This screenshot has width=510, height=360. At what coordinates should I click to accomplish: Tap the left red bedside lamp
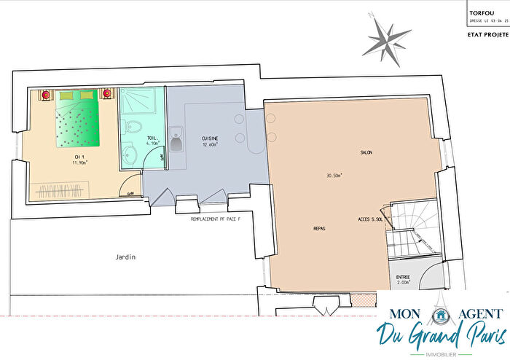[46, 95]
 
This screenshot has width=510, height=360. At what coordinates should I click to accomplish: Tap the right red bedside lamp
[109, 94]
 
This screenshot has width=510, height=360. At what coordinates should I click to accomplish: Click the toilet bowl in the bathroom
[133, 126]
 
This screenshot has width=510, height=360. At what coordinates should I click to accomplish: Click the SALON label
[366, 153]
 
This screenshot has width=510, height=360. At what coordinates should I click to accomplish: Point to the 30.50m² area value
[335, 176]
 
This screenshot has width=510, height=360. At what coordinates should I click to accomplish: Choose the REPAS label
[318, 228]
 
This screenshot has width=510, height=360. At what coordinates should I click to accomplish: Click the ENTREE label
[403, 277]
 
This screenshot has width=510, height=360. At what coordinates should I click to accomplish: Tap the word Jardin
[125, 257]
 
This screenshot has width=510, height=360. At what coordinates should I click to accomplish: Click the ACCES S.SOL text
[372, 219]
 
